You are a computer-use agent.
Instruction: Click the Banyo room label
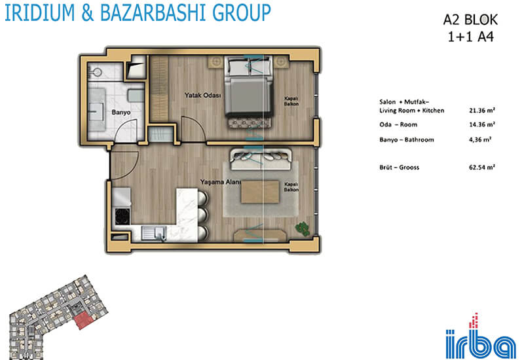121,112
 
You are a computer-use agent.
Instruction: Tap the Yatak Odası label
203,95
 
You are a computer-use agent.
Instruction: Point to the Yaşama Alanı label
220,182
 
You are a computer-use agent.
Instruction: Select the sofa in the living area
261,160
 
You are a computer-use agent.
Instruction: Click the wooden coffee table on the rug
260,192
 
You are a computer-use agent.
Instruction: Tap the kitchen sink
154,233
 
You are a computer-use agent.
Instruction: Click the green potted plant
303,229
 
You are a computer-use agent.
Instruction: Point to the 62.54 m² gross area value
481,167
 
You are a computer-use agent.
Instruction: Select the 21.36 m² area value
481,110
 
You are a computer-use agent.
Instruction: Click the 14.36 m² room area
481,124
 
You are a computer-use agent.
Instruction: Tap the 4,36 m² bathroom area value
480,139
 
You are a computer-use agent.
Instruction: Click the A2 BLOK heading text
470,20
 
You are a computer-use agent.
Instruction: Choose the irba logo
481,337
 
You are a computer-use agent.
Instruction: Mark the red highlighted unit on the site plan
83,320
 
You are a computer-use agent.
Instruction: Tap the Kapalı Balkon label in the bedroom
291,101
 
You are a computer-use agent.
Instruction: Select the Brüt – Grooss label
399,168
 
